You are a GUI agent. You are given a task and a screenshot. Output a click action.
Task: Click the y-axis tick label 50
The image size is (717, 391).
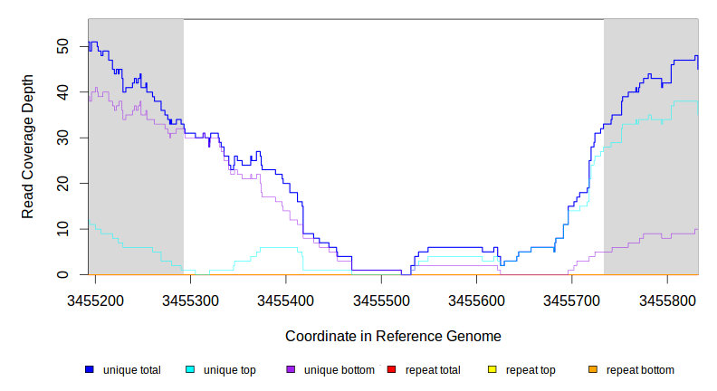point(62,45)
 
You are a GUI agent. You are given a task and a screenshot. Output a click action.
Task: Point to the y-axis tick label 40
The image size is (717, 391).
point(62,91)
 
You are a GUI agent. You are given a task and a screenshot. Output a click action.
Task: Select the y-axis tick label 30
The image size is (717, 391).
point(62,138)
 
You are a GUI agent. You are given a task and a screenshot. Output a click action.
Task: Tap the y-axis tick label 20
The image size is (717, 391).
point(62,183)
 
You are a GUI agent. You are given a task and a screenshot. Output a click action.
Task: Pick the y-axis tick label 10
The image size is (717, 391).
point(62,229)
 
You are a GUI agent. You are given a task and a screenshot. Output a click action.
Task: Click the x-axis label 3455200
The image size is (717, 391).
point(95,299)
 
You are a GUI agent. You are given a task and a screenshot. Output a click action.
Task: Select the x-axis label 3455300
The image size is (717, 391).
point(190,299)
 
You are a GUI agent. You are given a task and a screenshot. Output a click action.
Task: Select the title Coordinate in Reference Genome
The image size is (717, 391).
point(393,336)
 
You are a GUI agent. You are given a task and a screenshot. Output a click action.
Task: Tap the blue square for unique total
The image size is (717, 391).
point(90,369)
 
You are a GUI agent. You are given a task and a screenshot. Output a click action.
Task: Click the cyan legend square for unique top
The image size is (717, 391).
point(190,369)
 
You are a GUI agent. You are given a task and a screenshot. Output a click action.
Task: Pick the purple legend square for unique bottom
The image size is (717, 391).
point(291,369)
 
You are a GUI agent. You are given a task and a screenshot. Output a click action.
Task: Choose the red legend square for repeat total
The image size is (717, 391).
point(391,369)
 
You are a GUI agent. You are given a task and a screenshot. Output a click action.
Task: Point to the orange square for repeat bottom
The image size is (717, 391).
point(593,369)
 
